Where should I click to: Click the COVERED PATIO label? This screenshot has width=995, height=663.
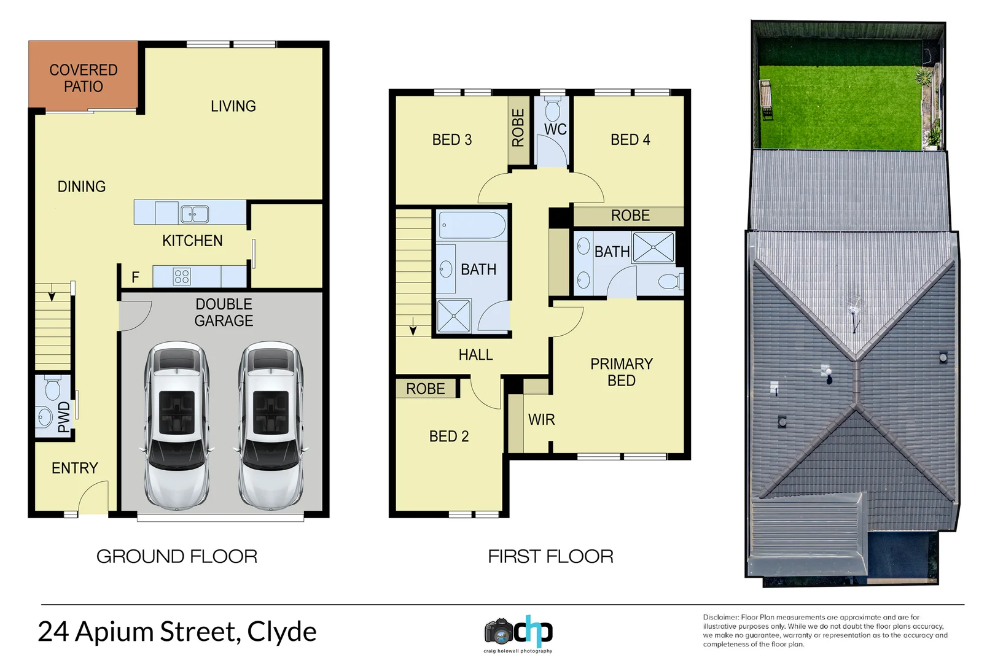[84, 79]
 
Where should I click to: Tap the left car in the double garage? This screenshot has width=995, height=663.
[177, 425]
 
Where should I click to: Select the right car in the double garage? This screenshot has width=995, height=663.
[271, 425]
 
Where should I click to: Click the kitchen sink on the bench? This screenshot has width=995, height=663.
[194, 214]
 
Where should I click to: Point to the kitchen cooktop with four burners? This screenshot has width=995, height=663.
[182, 277]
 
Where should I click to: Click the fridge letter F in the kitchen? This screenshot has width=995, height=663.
[136, 278]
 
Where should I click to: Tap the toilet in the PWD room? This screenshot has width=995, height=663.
[52, 387]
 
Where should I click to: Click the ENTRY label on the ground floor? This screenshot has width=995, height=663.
[75, 468]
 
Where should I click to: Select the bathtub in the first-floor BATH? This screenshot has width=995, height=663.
[472, 225]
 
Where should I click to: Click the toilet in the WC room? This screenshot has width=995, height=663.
[553, 110]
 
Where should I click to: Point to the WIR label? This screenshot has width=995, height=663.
[541, 420]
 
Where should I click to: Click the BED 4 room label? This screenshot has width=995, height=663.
[630, 140]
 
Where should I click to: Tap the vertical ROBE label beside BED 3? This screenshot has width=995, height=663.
[518, 128]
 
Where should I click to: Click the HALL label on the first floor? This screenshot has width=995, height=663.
[475, 355]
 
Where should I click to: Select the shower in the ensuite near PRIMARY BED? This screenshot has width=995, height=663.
[654, 247]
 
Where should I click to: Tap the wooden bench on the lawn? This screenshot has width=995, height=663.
[765, 99]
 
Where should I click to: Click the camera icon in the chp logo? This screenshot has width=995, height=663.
[498, 631]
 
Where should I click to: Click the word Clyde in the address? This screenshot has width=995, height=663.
[282, 632]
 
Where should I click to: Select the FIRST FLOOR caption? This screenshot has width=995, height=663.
[550, 557]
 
